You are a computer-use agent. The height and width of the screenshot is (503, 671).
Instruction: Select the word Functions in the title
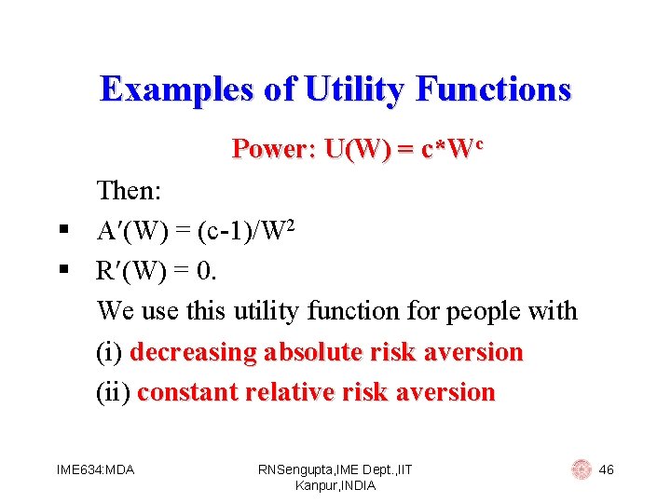(494, 89)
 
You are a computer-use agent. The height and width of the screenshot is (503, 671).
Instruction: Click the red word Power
(272, 149)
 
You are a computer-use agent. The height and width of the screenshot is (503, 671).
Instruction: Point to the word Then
(130, 192)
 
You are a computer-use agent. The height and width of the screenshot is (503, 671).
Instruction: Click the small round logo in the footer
(581, 469)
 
